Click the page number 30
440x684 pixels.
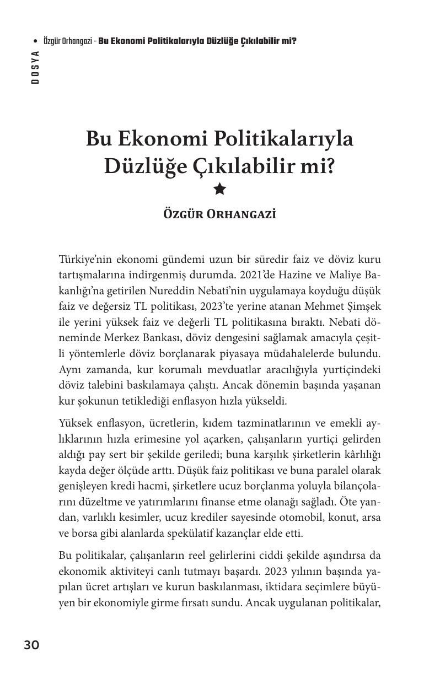click(x=31, y=645)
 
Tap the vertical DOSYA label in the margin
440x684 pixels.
click(x=35, y=67)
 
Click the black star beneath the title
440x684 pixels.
click(x=219, y=190)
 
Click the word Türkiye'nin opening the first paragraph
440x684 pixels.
click(x=85, y=259)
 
